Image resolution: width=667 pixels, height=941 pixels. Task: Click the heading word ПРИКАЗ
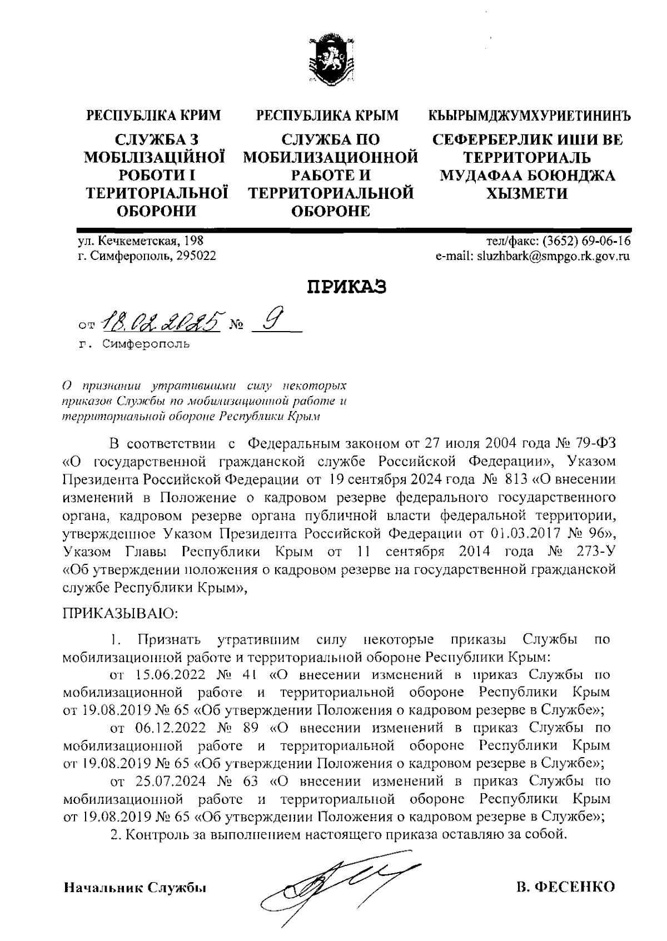[347, 288]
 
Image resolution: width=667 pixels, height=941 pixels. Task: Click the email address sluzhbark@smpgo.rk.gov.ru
[547, 257]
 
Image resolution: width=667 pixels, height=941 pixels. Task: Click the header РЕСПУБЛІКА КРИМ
[154, 116]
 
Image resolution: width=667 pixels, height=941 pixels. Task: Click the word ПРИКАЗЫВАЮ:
[120, 614]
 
